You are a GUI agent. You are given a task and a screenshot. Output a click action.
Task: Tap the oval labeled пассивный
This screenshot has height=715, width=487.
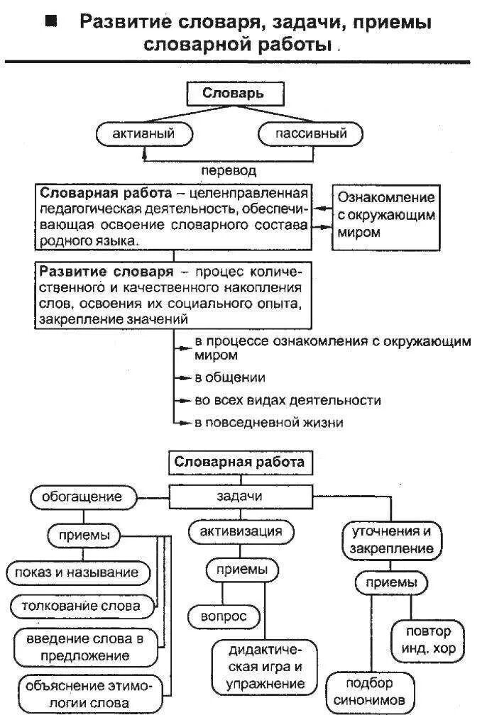[310, 133]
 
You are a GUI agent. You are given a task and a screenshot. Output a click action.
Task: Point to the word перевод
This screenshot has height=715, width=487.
[228, 171]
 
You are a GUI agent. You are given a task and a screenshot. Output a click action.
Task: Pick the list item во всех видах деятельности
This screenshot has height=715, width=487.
[288, 400]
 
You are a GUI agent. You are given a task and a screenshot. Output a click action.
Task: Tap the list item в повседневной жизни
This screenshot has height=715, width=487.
[269, 423]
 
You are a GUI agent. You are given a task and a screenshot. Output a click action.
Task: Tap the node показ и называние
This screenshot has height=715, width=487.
[79, 572]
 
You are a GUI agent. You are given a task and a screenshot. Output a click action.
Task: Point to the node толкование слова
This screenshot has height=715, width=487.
[85, 606]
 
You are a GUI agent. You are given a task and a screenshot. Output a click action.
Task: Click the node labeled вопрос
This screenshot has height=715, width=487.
[224, 617]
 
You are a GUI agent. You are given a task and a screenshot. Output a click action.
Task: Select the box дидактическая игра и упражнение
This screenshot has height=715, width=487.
[265, 667]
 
